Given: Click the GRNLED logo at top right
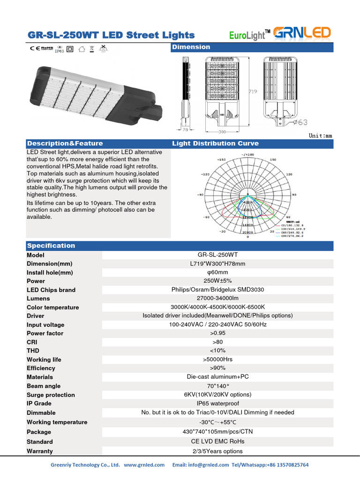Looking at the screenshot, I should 302,33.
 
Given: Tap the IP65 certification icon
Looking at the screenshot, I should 60,49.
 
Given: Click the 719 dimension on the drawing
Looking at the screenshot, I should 253,92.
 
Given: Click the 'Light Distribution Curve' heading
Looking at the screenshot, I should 215,143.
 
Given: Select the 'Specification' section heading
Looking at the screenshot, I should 51,246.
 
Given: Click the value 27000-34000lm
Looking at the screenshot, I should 217,299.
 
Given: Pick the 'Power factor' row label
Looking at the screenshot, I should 45,333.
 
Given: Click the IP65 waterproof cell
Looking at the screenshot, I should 217,404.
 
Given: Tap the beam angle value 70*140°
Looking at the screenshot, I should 217,386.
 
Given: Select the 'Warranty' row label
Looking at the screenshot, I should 40,451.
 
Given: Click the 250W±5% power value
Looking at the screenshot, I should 217,281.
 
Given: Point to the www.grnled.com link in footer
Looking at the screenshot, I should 144,465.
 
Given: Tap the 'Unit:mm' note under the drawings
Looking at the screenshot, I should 320,135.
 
